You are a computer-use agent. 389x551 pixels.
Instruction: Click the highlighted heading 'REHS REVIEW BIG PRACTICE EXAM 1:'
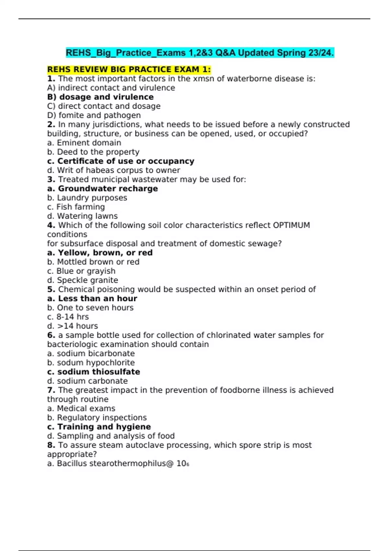tap(129, 70)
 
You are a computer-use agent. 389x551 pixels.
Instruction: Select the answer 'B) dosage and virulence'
tap(100, 97)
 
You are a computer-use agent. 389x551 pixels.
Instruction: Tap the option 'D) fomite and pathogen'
tap(94, 115)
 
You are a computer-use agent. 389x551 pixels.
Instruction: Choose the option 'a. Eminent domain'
tap(84, 143)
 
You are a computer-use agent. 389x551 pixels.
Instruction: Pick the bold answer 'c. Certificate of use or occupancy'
tap(121, 161)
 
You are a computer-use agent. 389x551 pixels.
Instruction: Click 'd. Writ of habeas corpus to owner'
tap(113, 170)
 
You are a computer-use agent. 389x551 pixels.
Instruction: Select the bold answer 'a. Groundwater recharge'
tap(102, 189)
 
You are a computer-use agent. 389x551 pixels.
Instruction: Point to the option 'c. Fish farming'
tap(76, 207)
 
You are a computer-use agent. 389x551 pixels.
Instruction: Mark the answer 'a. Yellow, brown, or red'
tap(100, 253)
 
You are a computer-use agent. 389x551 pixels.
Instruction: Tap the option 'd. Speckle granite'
tap(83, 280)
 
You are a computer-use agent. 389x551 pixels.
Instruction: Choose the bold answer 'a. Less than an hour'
tap(92, 299)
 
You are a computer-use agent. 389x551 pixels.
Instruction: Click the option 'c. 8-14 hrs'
tap(68, 317)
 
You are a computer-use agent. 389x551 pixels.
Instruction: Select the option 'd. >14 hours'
tap(73, 326)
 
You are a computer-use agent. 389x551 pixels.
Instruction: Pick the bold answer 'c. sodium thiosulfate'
tap(94, 372)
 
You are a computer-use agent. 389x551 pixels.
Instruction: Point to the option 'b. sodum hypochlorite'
tap(91, 363)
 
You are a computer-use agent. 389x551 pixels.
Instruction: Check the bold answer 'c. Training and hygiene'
tap(99, 427)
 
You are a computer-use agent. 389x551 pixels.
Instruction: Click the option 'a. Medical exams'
tap(81, 408)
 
